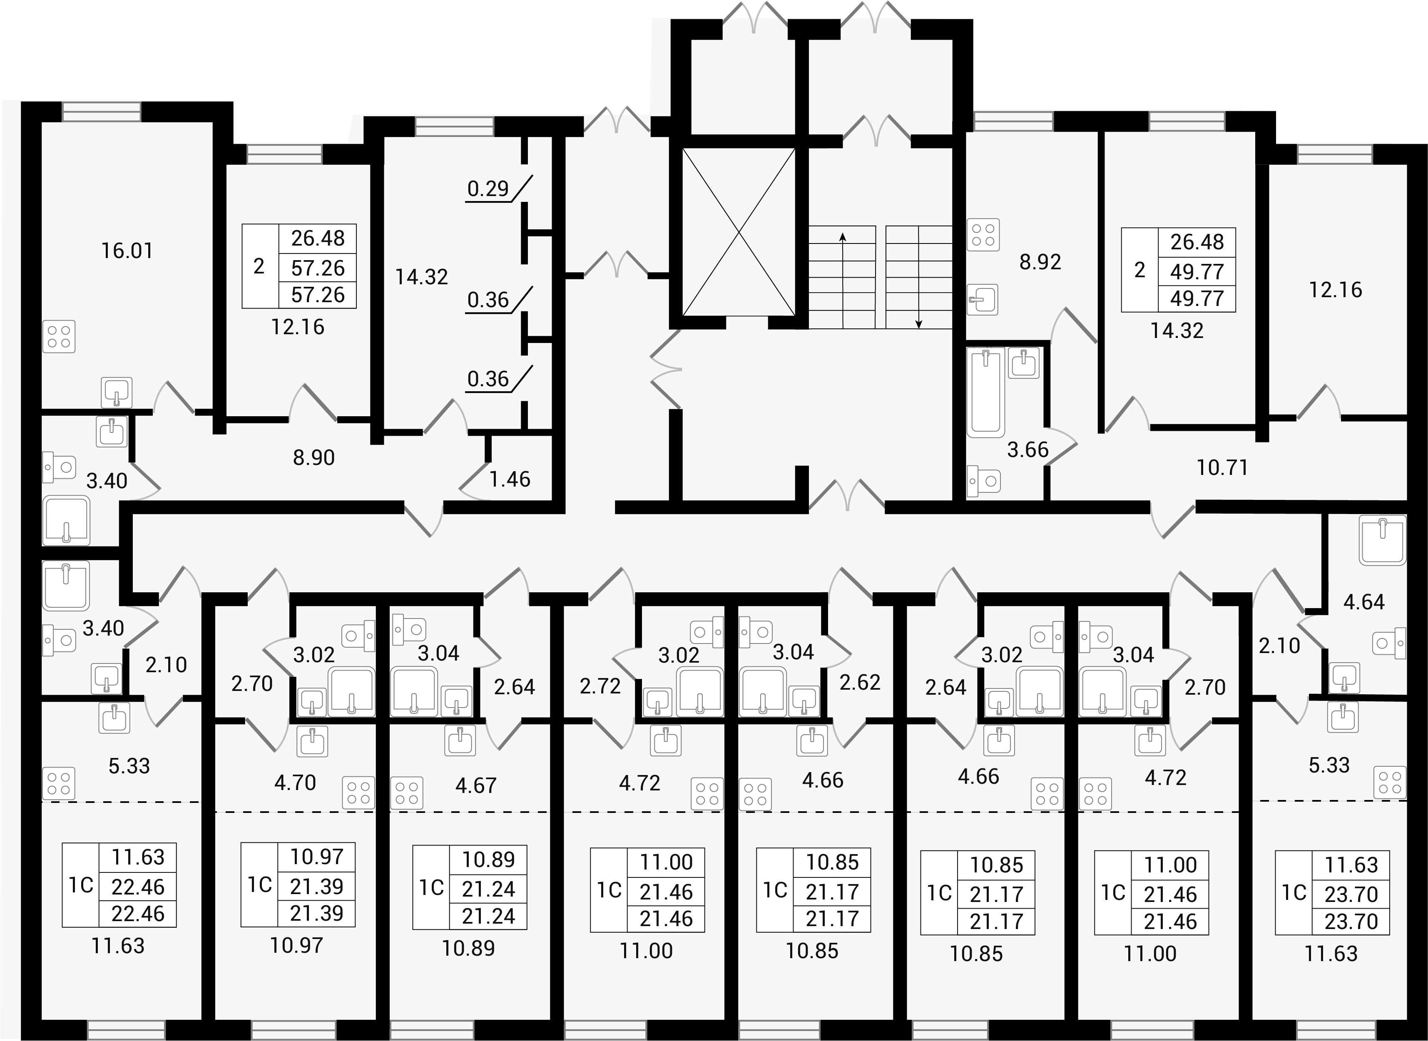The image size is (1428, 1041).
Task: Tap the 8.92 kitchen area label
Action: coord(1040,261)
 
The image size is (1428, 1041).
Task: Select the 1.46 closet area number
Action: coord(510,479)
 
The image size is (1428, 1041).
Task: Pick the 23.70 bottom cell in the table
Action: coord(1351,921)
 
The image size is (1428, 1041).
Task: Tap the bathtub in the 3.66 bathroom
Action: coord(985,394)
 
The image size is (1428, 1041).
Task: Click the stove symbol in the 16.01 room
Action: coord(59,336)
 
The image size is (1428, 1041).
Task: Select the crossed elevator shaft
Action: coord(739,231)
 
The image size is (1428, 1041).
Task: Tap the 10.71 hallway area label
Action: coord(1222,467)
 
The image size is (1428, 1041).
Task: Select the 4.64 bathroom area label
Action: coord(1364,602)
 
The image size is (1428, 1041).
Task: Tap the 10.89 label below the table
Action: coord(468,948)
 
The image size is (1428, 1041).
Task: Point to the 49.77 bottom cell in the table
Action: coord(1197,298)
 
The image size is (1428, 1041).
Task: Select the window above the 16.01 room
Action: coord(102,112)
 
